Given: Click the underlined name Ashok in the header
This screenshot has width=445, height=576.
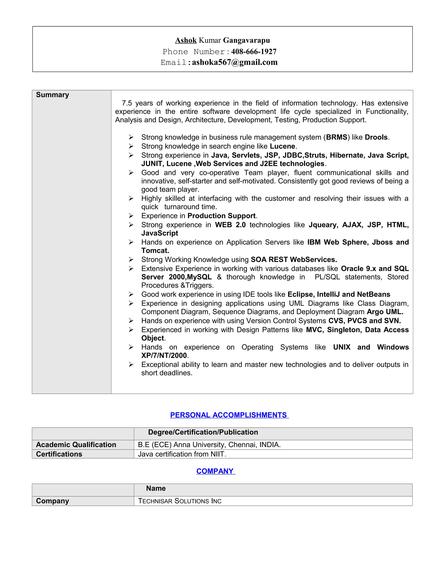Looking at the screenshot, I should tap(186, 40).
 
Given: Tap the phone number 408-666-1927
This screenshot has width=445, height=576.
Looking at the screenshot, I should tap(254, 52).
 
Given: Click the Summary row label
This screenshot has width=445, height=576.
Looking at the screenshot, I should tap(52, 95).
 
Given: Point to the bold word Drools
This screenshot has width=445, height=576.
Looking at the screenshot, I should tap(376, 137).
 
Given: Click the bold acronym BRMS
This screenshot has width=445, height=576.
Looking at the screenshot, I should tap(337, 137).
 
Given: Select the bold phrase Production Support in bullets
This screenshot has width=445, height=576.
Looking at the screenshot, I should tap(221, 216).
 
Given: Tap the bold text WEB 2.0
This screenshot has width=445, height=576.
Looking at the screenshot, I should tap(230, 225).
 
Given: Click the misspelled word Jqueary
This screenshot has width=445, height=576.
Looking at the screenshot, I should tap(323, 225).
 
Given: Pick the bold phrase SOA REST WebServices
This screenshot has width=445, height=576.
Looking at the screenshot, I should tap(294, 260).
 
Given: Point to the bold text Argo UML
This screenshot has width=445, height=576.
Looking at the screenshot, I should tap(385, 312).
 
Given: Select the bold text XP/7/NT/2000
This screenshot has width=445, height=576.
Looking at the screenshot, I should tap(164, 356).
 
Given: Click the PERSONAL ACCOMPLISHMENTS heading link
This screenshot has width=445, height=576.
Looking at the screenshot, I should tap(229, 415).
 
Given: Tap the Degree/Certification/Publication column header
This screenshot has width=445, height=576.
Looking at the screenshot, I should tap(203, 432).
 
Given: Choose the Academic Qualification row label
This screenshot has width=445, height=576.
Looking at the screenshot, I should tap(76, 445).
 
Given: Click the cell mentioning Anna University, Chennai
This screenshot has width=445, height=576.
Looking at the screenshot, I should tap(209, 445).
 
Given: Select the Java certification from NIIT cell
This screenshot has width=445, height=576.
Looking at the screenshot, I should tap(181, 454).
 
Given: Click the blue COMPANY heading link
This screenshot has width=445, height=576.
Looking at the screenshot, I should tap(215, 471).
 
